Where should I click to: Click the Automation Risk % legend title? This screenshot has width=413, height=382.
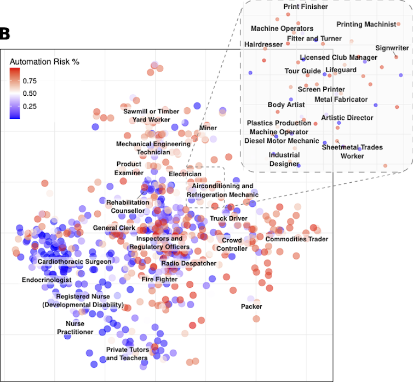click(44, 61)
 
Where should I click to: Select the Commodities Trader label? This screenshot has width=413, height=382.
click(296, 239)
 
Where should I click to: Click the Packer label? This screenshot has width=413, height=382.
click(251, 306)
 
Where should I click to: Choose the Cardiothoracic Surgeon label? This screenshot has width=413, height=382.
click(74, 262)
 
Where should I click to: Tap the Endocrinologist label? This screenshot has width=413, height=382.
click(47, 280)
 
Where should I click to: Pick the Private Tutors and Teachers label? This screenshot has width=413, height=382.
click(127, 354)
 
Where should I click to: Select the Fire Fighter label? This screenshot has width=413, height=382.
click(159, 280)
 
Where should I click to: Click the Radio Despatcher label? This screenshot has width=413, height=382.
click(188, 263)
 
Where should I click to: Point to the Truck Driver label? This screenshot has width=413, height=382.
click(228, 218)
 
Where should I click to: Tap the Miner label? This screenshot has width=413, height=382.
click(208, 128)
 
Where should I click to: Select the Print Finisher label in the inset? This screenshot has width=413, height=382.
click(306, 7)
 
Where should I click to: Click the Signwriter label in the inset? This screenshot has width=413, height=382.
click(392, 48)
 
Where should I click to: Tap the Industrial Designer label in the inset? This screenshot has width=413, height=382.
click(284, 159)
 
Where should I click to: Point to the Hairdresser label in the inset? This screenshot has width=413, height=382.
click(263, 44)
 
